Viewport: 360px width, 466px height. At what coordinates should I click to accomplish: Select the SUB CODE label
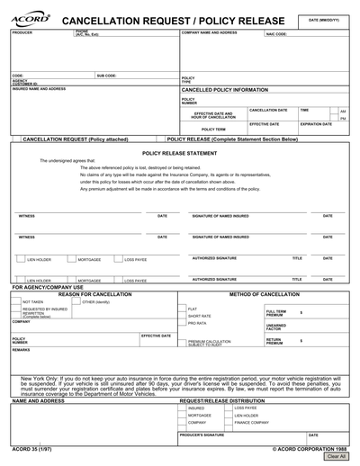[x=106, y=76]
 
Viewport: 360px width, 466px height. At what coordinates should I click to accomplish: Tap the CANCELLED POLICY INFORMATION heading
[x=224, y=91]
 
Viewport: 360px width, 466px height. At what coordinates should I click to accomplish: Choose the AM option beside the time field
[x=343, y=112]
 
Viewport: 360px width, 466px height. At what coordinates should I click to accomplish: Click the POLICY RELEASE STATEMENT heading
[x=179, y=154]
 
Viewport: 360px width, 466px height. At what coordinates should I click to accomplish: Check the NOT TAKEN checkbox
[x=16, y=301]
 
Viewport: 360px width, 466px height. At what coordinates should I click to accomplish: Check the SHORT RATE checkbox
[x=183, y=316]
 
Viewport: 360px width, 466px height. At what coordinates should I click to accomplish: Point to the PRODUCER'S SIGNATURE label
[x=202, y=435]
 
